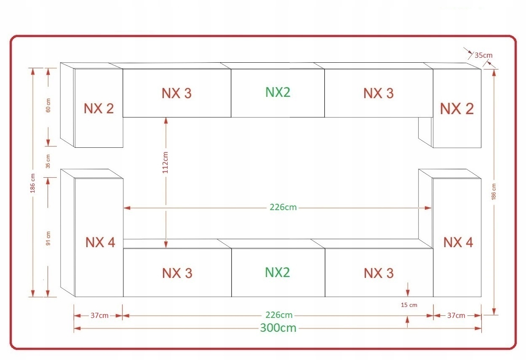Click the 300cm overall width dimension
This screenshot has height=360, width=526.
[278, 328]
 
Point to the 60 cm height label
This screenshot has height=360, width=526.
[48, 105]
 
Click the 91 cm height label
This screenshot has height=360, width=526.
[48, 238]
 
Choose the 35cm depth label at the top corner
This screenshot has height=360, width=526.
[483, 55]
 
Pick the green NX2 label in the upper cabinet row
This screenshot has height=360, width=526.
[278, 92]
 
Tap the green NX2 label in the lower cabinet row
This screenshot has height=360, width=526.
[278, 272]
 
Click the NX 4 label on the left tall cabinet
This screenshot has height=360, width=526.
[100, 243]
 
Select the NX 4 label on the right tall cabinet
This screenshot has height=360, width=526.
[458, 242]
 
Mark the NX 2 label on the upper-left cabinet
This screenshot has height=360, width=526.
[99, 109]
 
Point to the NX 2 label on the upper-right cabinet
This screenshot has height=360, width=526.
[457, 109]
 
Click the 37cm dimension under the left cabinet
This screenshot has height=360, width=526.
[99, 315]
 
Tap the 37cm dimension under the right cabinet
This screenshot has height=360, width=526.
[456, 315]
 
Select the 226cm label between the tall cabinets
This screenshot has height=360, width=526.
[283, 208]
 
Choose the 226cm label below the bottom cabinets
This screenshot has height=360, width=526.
[279, 315]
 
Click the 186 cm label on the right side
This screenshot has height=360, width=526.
[494, 191]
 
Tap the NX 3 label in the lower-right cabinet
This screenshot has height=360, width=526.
[379, 273]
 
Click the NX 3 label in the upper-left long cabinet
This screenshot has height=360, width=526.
[177, 93]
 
